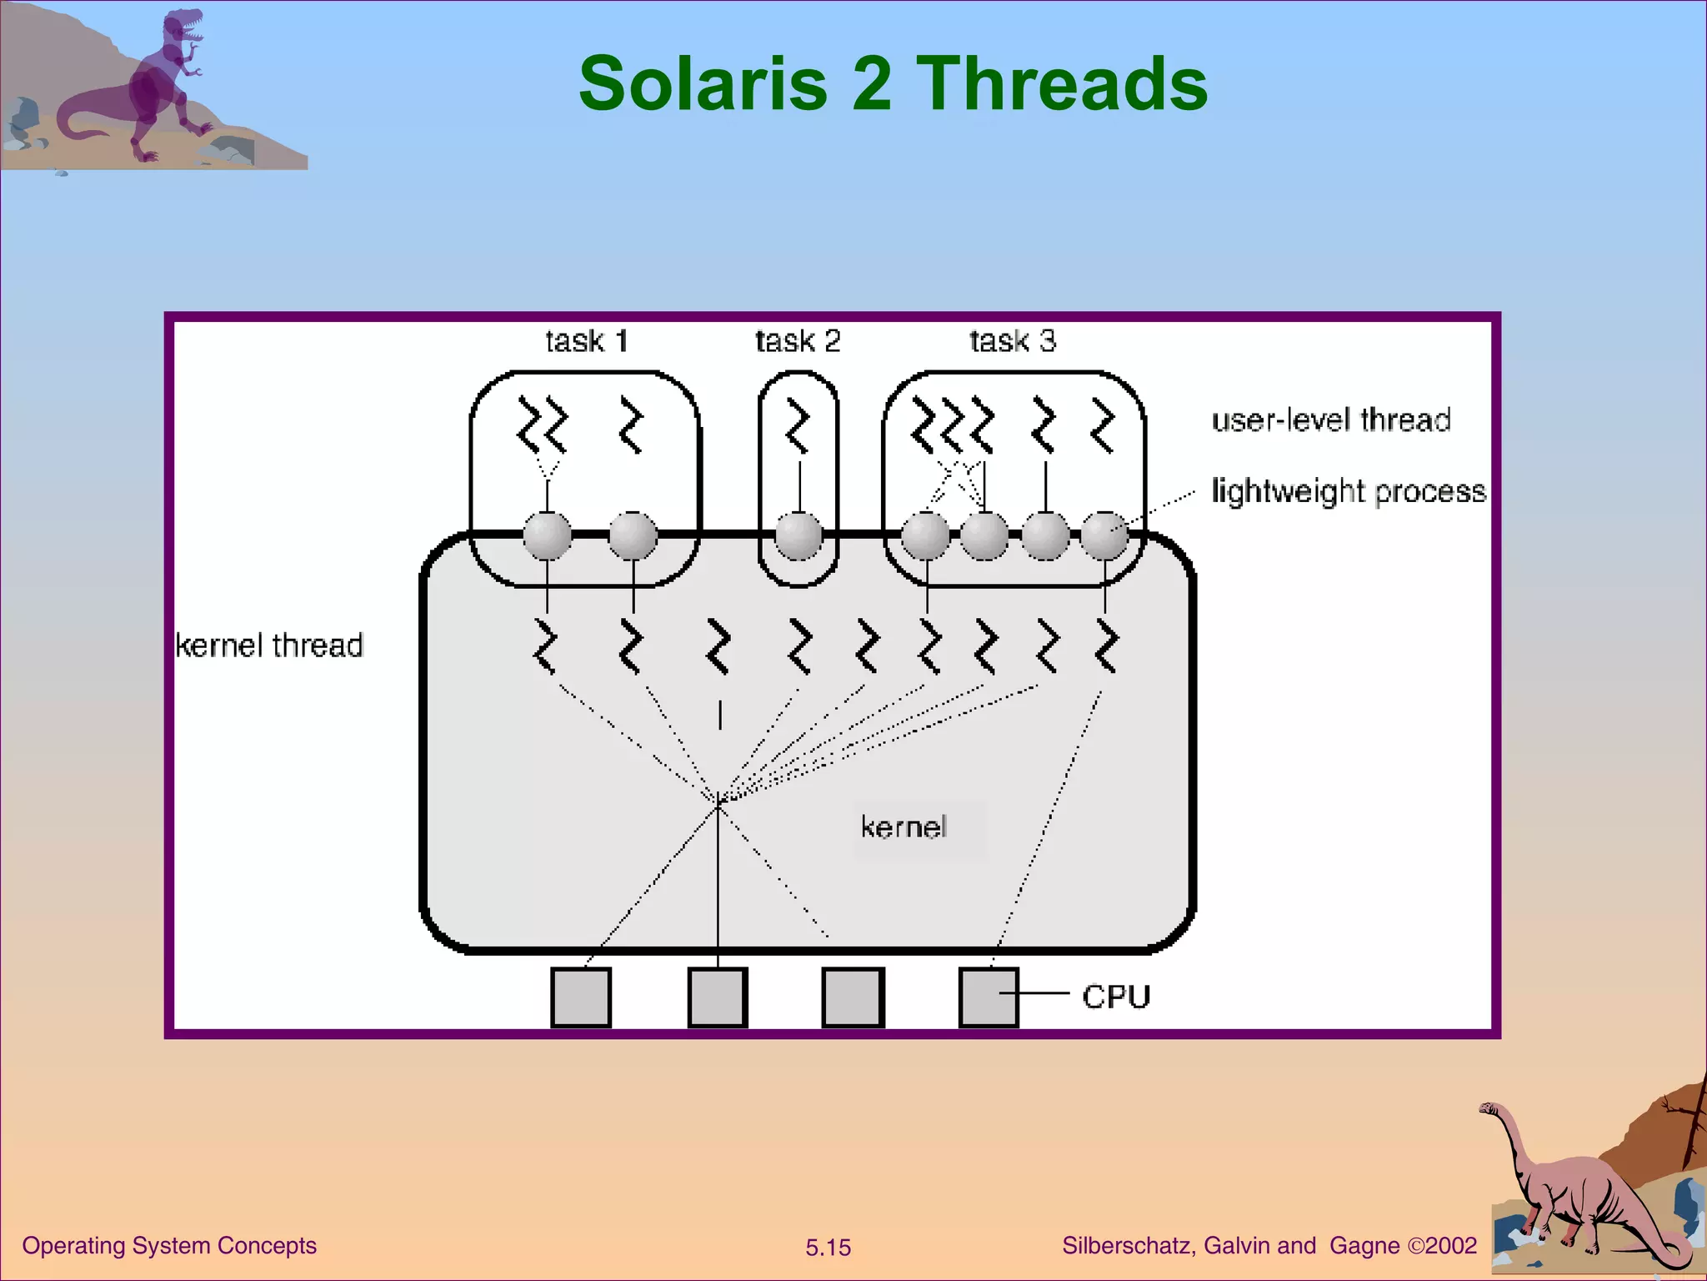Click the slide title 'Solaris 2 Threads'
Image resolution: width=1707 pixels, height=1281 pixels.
pyautogui.click(x=893, y=83)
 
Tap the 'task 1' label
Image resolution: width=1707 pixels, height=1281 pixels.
pyautogui.click(x=586, y=341)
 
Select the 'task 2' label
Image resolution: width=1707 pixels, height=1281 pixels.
pyautogui.click(x=798, y=341)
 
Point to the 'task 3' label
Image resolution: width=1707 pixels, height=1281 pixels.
pyautogui.click(x=1013, y=341)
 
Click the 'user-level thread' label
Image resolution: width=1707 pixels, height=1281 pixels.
pyautogui.click(x=1331, y=419)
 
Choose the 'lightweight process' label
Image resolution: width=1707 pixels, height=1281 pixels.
pyautogui.click(x=1348, y=491)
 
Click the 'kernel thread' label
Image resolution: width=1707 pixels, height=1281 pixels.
pyautogui.click(x=269, y=646)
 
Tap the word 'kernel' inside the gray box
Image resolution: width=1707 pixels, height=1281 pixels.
pyautogui.click(x=904, y=827)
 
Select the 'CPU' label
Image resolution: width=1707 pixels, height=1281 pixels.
pyautogui.click(x=1116, y=997)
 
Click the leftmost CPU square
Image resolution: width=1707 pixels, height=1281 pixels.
pyautogui.click(x=581, y=997)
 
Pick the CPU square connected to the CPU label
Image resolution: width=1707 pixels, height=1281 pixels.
pyautogui.click(x=989, y=997)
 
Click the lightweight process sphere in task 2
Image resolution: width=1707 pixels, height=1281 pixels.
pyautogui.click(x=798, y=535)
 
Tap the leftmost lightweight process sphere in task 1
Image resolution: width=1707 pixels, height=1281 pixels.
pyautogui.click(x=548, y=535)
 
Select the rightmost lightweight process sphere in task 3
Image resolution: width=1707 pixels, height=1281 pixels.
pyautogui.click(x=1104, y=535)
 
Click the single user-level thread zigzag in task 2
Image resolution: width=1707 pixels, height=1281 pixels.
pyautogui.click(x=798, y=427)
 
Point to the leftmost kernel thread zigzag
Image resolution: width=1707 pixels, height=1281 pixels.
pyautogui.click(x=545, y=646)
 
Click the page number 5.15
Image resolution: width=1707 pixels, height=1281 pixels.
pyautogui.click(x=828, y=1248)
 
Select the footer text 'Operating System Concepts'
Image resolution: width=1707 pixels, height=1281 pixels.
pyautogui.click(x=169, y=1245)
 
